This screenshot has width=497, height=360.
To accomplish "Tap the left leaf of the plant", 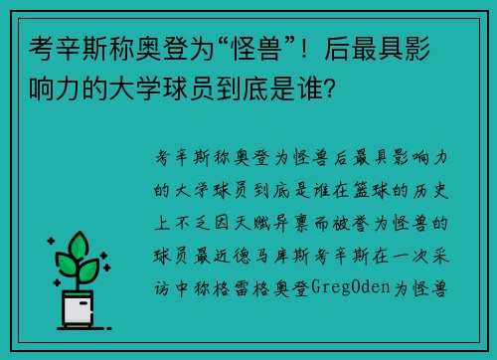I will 66,265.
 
